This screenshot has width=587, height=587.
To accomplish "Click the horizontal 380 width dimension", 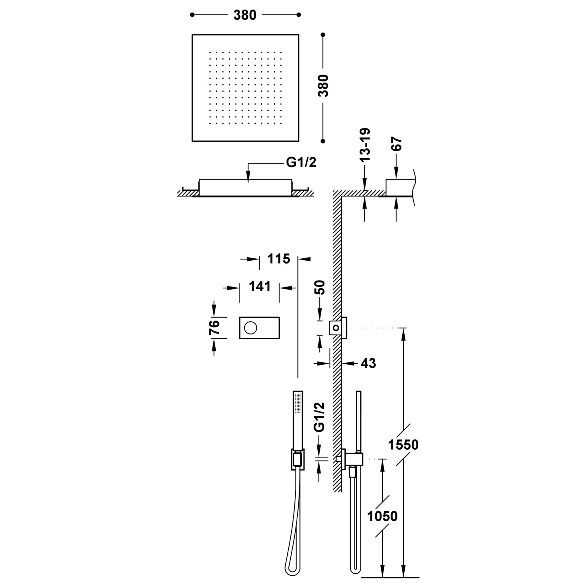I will pyautogui.click(x=245, y=15).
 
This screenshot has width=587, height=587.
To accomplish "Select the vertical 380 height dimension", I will pyautogui.click(x=323, y=86).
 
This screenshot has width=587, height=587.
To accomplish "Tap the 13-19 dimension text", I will pyautogui.click(x=365, y=145).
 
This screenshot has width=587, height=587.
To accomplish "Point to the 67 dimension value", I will pyautogui.click(x=396, y=144).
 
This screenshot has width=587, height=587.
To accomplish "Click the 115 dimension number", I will pyautogui.click(x=279, y=259).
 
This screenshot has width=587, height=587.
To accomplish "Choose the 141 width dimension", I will pyautogui.click(x=260, y=286).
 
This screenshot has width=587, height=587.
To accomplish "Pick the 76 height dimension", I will pyautogui.click(x=214, y=328).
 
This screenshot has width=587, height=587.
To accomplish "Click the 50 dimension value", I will pyautogui.click(x=320, y=288).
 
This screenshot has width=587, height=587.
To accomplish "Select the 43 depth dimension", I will pyautogui.click(x=368, y=364).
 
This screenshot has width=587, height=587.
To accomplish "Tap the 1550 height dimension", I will pyautogui.click(x=403, y=445).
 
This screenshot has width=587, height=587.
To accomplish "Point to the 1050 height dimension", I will pyautogui.click(x=382, y=516).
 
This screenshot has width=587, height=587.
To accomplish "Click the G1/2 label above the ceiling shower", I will pyautogui.click(x=301, y=162).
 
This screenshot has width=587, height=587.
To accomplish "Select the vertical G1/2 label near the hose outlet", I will pyautogui.click(x=320, y=417).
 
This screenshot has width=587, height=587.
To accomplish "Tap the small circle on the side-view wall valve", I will pyautogui.click(x=336, y=328).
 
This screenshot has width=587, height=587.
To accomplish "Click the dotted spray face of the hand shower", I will pyautogui.click(x=298, y=403).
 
